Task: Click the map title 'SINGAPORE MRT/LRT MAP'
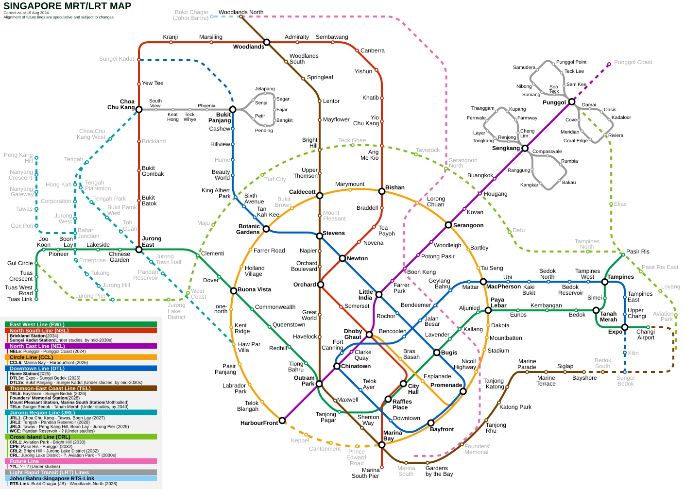(67, 6)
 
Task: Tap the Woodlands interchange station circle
(267, 42)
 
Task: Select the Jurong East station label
(152, 241)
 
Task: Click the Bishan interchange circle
(382, 191)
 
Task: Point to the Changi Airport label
(646, 335)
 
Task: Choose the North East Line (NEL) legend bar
(81, 346)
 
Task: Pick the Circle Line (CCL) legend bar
(81, 357)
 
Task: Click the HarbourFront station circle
(282, 421)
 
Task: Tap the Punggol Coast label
(633, 62)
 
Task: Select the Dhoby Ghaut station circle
(369, 335)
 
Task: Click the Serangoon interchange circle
(448, 225)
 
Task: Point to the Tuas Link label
(20, 299)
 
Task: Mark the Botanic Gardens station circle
(266, 229)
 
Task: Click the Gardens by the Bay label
(439, 471)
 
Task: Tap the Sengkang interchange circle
(525, 148)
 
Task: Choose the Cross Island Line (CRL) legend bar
(81, 437)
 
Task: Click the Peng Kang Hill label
(18, 158)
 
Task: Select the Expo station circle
(625, 327)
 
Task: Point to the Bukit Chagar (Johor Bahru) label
(191, 15)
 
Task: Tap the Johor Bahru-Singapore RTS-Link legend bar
(81, 478)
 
